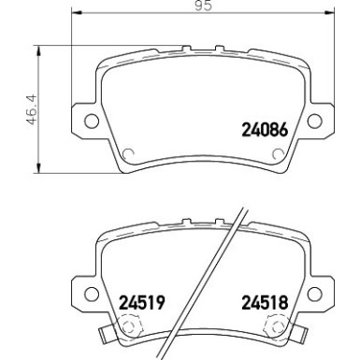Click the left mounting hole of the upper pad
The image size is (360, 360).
(x=92, y=120)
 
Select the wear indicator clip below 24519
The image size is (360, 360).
(x=127, y=329)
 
